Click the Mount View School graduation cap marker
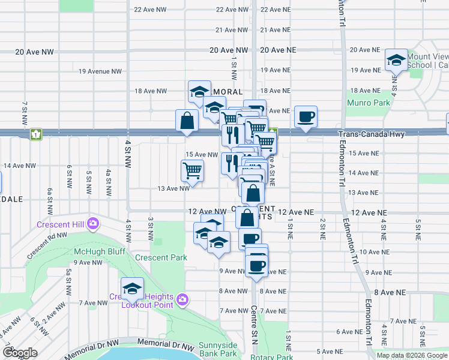click(x=396, y=61)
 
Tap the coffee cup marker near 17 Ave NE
click(x=306, y=117)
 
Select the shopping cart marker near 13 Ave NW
click(x=193, y=171)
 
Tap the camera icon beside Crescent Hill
click(x=93, y=224)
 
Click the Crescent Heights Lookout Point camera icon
click(x=184, y=299)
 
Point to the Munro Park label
click(x=364, y=102)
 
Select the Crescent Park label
click(x=161, y=257)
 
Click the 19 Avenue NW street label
click(x=100, y=71)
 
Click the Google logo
click(x=20, y=353)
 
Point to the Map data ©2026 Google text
click(x=412, y=355)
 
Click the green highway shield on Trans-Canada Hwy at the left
click(x=36, y=134)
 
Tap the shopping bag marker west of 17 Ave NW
click(x=187, y=121)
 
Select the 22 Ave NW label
click(x=150, y=10)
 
